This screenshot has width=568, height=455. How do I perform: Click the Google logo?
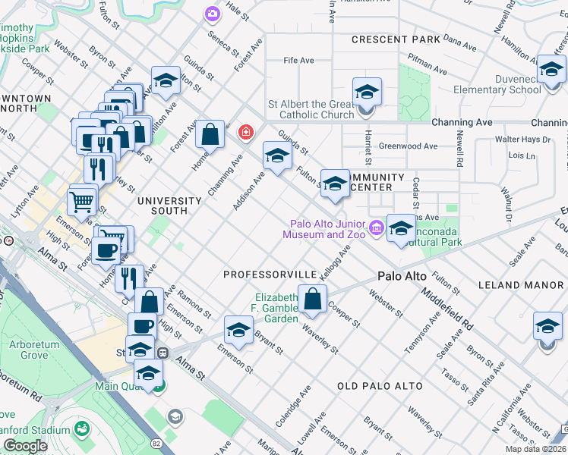pyautogui.click(x=26, y=446)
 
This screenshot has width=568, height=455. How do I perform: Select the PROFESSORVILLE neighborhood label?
pyautogui.click(x=270, y=273)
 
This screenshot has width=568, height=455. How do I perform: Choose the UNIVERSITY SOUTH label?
pyautogui.click(x=169, y=201)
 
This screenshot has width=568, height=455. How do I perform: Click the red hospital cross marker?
pyautogui.click(x=245, y=133)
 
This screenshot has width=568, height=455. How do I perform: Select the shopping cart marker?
pyautogui.click(x=82, y=202)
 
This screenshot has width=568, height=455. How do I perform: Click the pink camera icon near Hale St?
pyautogui.click(x=212, y=14)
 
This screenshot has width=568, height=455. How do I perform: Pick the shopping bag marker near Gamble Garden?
pyautogui.click(x=312, y=300)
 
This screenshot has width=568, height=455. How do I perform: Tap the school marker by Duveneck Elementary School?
pyautogui.click(x=551, y=71)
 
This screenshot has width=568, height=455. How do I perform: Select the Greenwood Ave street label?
pyautogui.click(x=409, y=146)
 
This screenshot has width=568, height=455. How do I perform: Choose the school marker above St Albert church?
pyautogui.click(x=367, y=93)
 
